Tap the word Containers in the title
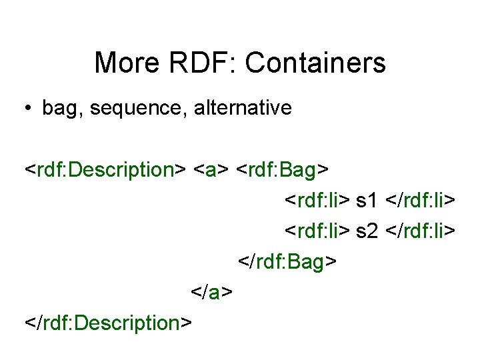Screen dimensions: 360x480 point(315,63)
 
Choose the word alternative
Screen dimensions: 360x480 point(243,108)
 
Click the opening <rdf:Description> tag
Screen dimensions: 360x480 point(105,170)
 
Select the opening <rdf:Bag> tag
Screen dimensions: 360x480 point(283,170)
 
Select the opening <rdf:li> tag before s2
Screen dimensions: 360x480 point(318,231)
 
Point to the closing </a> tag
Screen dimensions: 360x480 point(211,293)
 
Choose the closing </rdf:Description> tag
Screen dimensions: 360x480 point(109,323)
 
